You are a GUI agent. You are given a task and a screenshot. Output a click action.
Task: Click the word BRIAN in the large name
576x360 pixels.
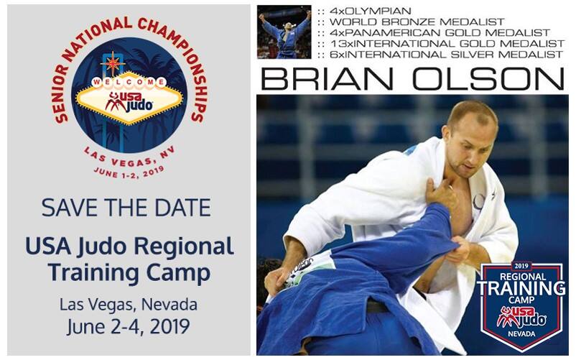[327, 78]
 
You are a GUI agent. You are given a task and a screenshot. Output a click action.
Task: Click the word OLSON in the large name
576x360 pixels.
[488, 78]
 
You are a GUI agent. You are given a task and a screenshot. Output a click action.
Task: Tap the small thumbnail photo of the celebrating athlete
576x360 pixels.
[284, 32]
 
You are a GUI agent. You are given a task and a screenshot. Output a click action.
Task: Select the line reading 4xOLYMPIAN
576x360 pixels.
[371, 11]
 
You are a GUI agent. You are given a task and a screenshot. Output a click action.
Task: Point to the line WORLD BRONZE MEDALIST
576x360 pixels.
[417, 22]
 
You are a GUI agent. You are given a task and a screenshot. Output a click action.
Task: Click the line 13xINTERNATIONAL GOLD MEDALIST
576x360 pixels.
[447, 43]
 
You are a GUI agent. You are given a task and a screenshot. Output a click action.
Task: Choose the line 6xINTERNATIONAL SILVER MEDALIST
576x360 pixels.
[446, 55]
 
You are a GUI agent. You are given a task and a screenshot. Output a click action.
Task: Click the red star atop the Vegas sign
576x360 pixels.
[113, 64]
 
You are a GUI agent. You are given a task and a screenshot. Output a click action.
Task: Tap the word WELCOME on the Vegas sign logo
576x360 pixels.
[129, 82]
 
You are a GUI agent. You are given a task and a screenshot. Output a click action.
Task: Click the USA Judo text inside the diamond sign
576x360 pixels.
[129, 101]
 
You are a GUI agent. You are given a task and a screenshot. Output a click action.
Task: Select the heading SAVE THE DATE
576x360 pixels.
[126, 208]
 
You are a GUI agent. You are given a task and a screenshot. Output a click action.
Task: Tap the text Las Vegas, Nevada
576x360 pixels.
[129, 305]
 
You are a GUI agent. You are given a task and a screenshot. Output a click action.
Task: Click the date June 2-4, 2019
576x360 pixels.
[129, 326]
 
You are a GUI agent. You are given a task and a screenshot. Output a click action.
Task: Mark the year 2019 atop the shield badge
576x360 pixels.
[521, 266]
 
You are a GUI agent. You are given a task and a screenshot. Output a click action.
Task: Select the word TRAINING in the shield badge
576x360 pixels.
[521, 288]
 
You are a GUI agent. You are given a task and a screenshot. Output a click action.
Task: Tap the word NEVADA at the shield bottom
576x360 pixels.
[521, 334]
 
